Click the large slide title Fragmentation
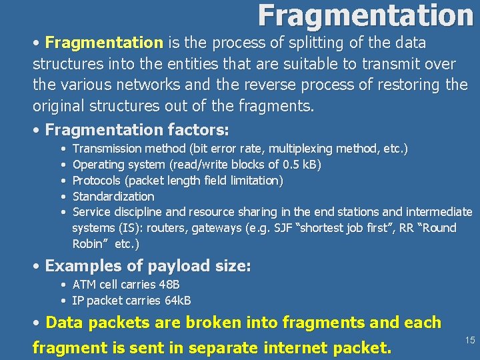point(365,15)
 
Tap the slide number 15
point(470,340)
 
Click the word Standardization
point(113,196)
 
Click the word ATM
point(84,285)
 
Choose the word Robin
point(88,244)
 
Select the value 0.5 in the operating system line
point(292,164)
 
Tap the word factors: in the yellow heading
point(198,129)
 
